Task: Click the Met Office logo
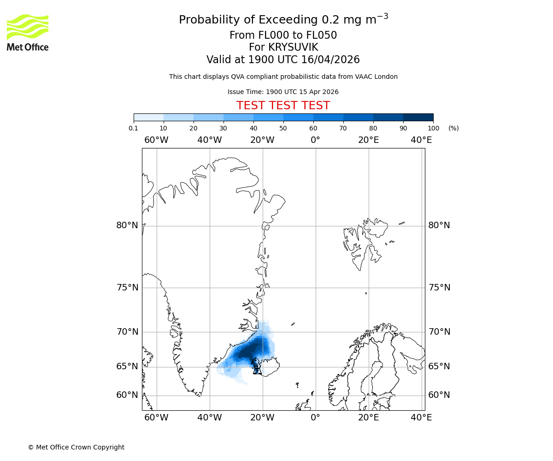pyautogui.click(x=28, y=32)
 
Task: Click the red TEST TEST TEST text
pyautogui.click(x=283, y=106)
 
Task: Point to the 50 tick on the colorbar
pyautogui.click(x=283, y=128)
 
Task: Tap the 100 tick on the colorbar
pyautogui.click(x=433, y=128)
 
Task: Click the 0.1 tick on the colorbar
pyautogui.click(x=134, y=128)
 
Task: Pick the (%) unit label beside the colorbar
pyautogui.click(x=453, y=128)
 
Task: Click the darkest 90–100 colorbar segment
pyautogui.click(x=418, y=117)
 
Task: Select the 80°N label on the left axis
pyautogui.click(x=127, y=225)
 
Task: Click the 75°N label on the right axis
pyautogui.click(x=439, y=288)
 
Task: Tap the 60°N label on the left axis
pyautogui.click(x=127, y=395)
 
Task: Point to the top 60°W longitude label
pyautogui.click(x=156, y=140)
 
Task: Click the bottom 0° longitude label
pyautogui.click(x=315, y=418)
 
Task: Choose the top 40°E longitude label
pyautogui.click(x=421, y=140)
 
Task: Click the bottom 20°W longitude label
pyautogui.click(x=262, y=418)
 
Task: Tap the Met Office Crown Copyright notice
pyautogui.click(x=76, y=447)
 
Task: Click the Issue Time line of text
pyautogui.click(x=283, y=92)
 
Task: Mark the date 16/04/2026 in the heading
pyautogui.click(x=330, y=60)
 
